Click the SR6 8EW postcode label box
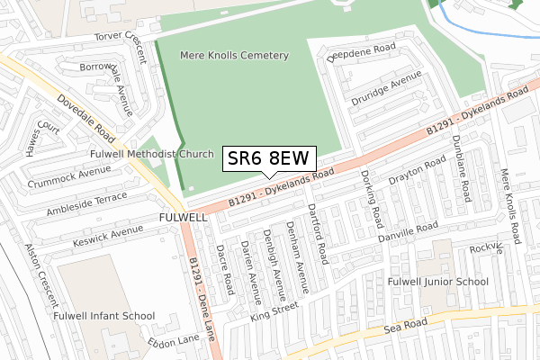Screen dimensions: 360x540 point(268,159)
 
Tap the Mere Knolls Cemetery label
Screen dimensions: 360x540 point(234,56)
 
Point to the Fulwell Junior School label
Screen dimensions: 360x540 point(437,282)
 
